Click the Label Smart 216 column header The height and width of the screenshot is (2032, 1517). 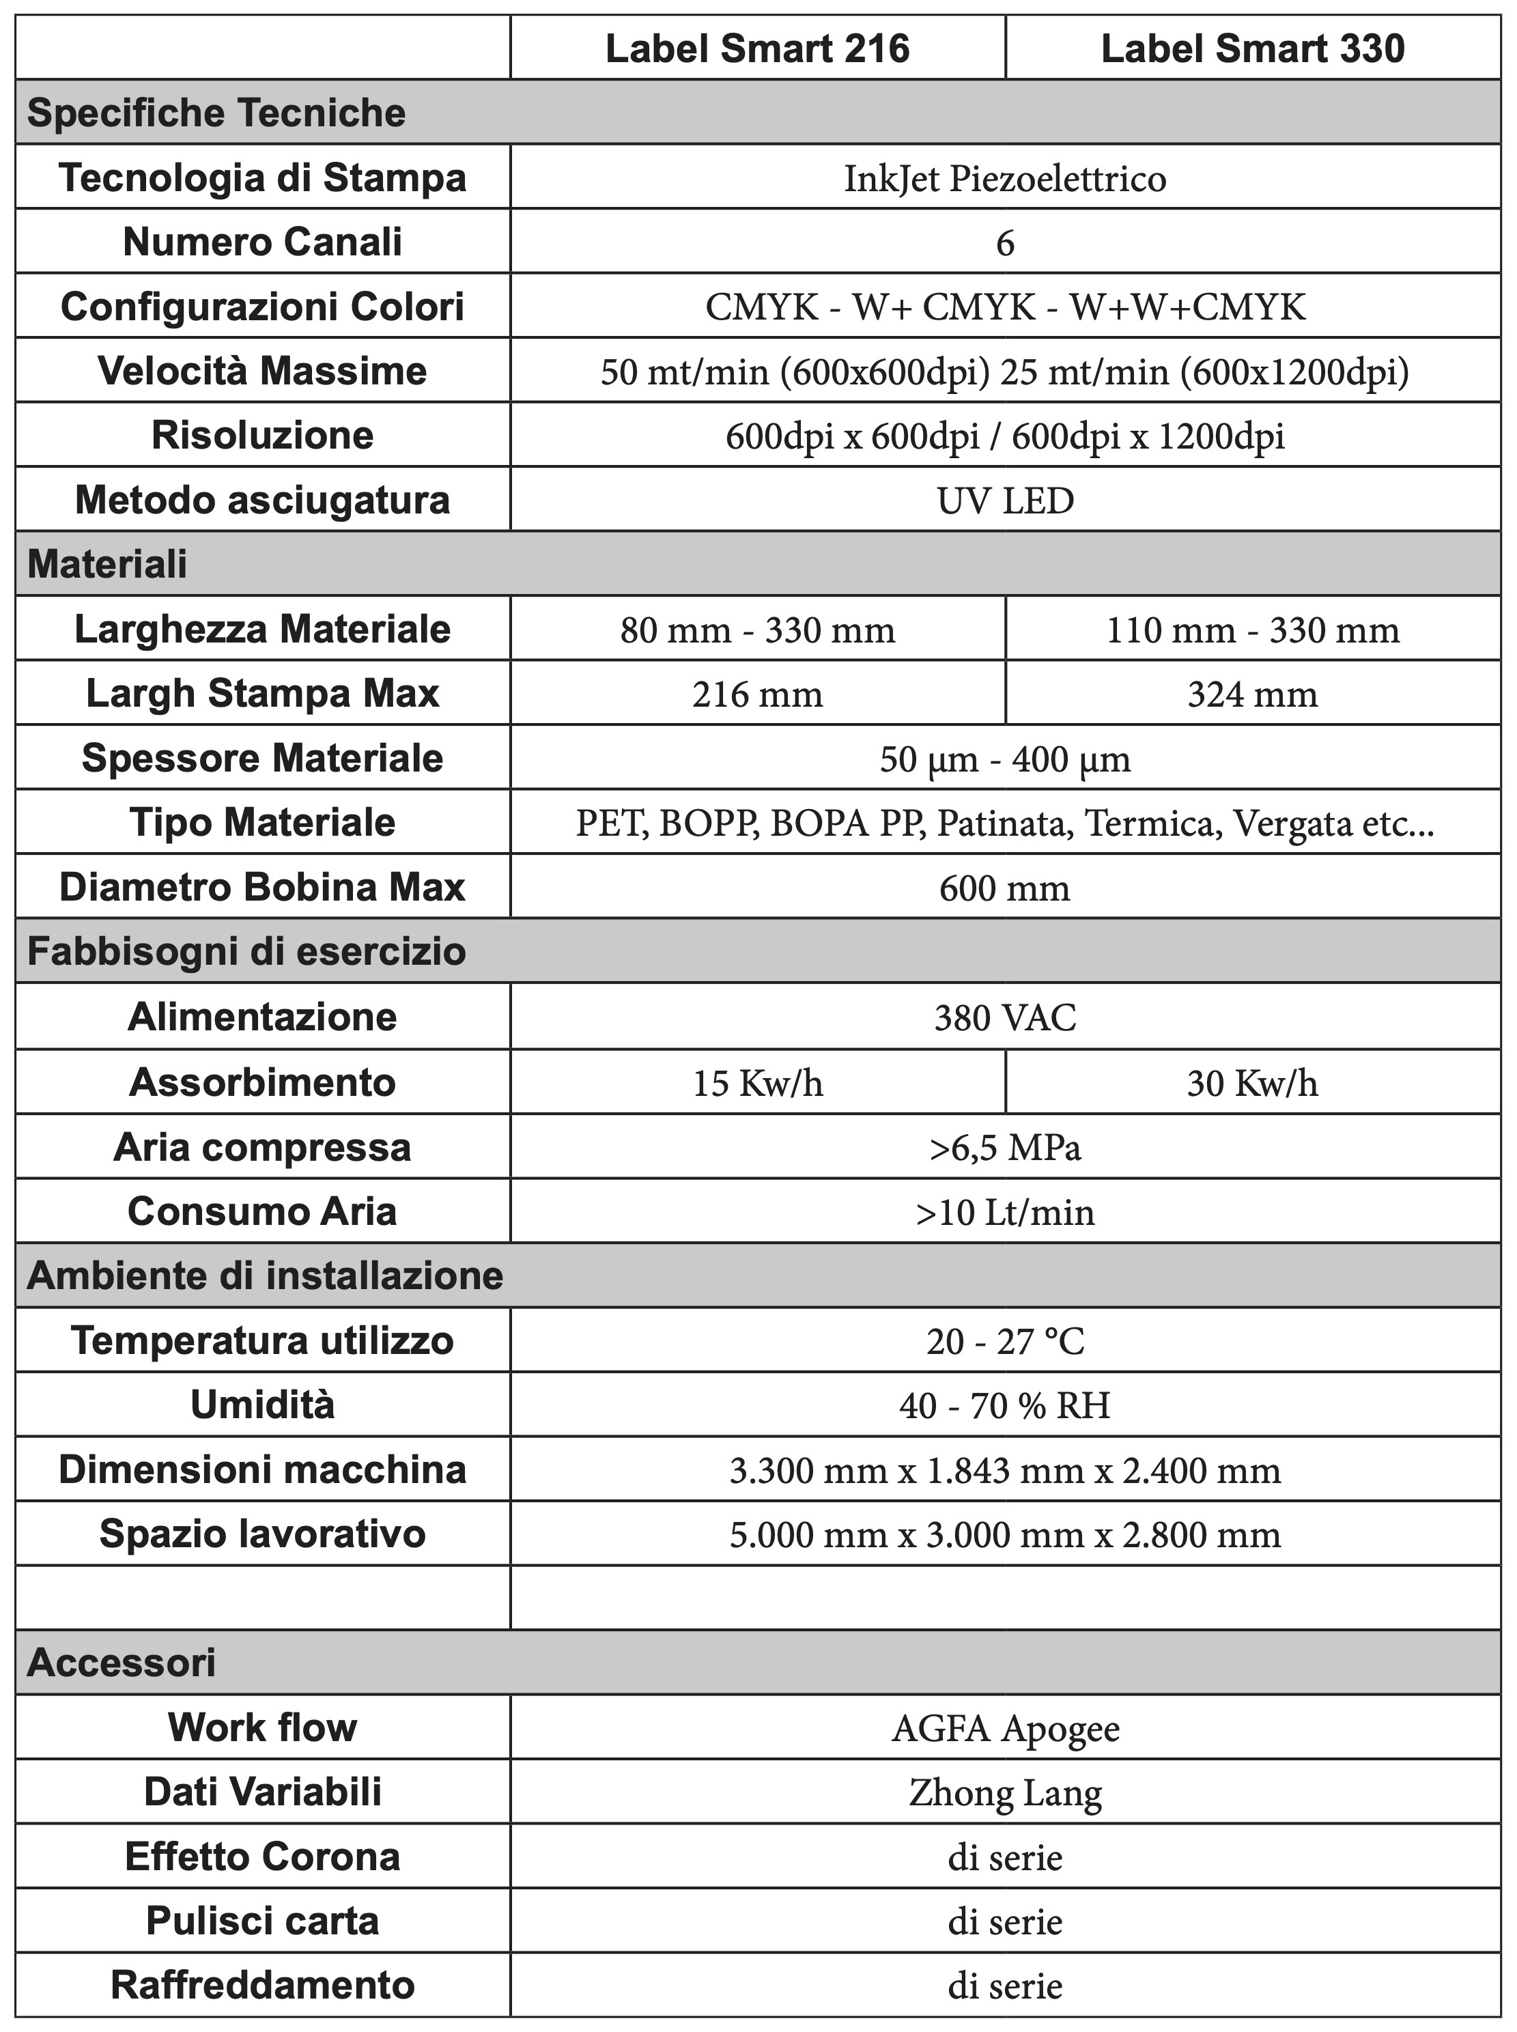(758, 48)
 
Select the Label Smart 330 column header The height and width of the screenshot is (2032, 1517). (1253, 48)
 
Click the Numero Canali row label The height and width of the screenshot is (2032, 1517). (263, 242)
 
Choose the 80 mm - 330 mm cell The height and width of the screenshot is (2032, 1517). (758, 630)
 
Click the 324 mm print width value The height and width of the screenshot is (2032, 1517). (1253, 694)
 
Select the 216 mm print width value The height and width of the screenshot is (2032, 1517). (758, 694)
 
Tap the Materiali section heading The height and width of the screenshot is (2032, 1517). (107, 564)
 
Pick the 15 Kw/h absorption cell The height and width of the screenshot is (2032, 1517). (758, 1082)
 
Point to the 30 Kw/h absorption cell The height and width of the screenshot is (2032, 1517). (1253, 1082)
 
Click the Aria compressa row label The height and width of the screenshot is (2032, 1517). (263, 1147)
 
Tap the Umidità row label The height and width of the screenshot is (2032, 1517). (263, 1405)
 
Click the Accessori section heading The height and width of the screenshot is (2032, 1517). (122, 1663)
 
